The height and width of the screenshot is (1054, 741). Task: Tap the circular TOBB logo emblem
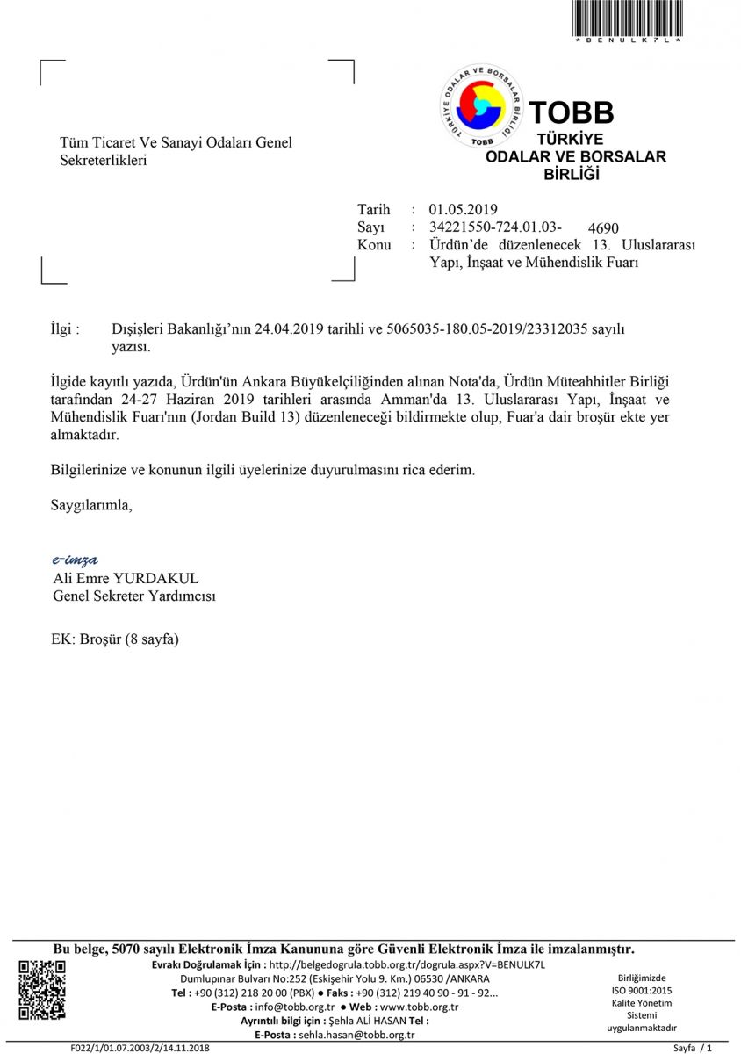pos(481,105)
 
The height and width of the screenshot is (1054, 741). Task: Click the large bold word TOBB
pos(571,112)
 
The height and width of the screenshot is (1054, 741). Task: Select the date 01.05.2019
pos(463,209)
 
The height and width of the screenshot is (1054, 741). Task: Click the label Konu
pos(374,245)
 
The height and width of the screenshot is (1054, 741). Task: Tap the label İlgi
pos(66,329)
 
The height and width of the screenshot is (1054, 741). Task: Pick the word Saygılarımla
pos(92,505)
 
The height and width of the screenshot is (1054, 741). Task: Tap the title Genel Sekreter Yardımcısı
pos(134,596)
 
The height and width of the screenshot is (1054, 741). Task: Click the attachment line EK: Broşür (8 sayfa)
pos(115,639)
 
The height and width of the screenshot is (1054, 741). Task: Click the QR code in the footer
pos(42,991)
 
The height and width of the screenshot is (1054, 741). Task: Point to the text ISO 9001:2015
pos(642,991)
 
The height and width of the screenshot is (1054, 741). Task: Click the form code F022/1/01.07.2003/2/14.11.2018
pos(140,1049)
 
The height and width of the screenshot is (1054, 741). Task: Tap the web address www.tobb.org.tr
pos(418,1007)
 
